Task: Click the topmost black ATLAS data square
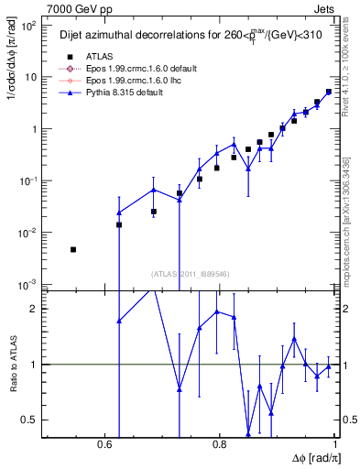click(329, 92)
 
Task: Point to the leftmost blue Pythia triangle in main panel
click(119, 213)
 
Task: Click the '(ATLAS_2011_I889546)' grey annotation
click(191, 273)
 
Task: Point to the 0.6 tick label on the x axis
click(103, 444)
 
